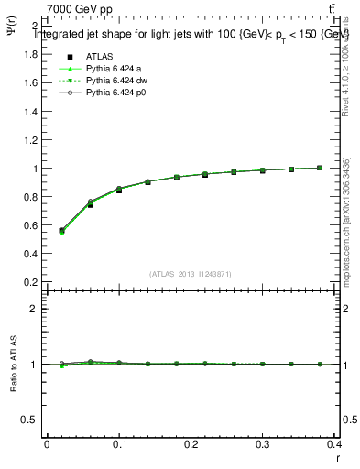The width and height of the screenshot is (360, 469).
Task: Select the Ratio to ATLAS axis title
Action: tap(13, 364)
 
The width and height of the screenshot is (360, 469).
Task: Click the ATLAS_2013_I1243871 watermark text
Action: tap(191, 274)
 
